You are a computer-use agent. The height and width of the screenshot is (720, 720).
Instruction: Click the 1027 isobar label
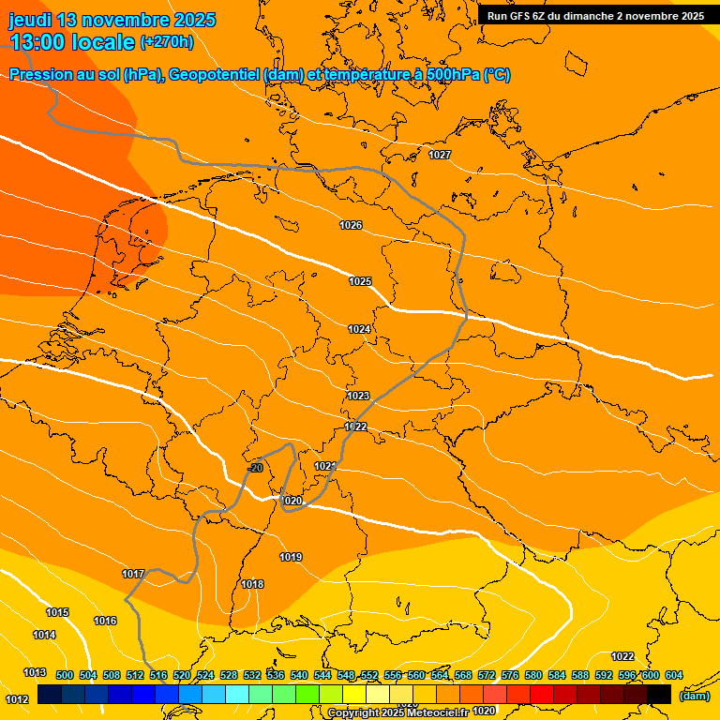click(440, 155)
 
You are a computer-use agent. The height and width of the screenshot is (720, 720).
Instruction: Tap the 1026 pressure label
click(351, 225)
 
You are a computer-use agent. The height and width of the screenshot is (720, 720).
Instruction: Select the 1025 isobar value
click(360, 281)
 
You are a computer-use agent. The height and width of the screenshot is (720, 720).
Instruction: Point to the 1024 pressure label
click(359, 329)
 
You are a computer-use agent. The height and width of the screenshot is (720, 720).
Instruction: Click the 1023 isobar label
click(358, 396)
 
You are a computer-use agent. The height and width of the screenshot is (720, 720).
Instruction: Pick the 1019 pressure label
click(291, 557)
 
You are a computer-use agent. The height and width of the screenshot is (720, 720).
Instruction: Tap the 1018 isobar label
click(252, 584)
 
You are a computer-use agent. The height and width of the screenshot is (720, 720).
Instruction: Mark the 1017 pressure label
click(133, 574)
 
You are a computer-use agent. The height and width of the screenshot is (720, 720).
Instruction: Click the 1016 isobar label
click(105, 621)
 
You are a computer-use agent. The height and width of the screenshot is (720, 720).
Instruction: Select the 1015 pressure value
click(57, 612)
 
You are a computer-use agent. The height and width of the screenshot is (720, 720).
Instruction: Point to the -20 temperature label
click(255, 467)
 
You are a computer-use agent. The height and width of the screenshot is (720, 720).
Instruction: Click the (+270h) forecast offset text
click(167, 42)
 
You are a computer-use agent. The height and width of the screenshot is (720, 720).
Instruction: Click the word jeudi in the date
click(31, 20)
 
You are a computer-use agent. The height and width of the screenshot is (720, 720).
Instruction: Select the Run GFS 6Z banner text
click(595, 16)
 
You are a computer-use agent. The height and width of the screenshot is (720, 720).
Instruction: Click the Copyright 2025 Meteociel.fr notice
click(398, 712)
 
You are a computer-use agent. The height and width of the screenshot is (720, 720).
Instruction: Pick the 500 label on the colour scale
click(65, 675)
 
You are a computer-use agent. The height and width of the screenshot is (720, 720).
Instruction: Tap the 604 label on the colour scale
click(673, 675)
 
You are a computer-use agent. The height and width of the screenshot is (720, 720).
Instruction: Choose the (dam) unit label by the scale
click(694, 696)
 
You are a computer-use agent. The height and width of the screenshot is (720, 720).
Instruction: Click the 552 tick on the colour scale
click(369, 675)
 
